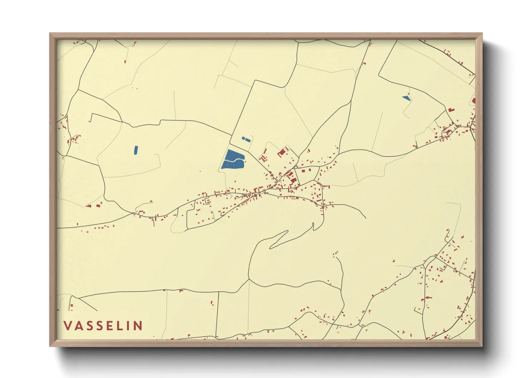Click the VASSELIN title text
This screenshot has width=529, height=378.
coord(103,326)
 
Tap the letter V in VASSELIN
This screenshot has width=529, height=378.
coord(68,326)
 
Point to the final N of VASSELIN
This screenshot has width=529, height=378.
coord(138,326)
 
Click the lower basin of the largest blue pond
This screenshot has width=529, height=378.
coord(232,165)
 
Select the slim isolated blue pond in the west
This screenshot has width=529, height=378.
coord(135,150)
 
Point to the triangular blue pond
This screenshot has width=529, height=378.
coord(406,98)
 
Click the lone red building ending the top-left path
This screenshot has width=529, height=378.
coord(125,61)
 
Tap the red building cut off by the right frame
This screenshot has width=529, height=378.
coord(474,101)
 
